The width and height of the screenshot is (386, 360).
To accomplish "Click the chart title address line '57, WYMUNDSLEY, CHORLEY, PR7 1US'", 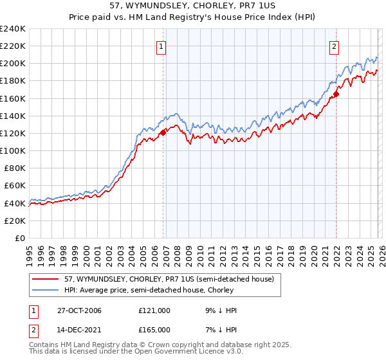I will coord(192,6).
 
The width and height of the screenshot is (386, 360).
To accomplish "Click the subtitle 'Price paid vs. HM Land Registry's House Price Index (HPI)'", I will coord(192,17).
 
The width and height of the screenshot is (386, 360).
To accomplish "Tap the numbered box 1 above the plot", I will coord(160,46).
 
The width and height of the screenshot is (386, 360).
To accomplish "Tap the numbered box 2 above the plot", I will coord(335,46).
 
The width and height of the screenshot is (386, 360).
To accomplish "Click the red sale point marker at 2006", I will coord(163,131).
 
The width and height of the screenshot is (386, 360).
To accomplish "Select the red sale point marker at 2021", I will coord(336,94).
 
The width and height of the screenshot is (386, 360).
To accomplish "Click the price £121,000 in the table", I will coord(154,310).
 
